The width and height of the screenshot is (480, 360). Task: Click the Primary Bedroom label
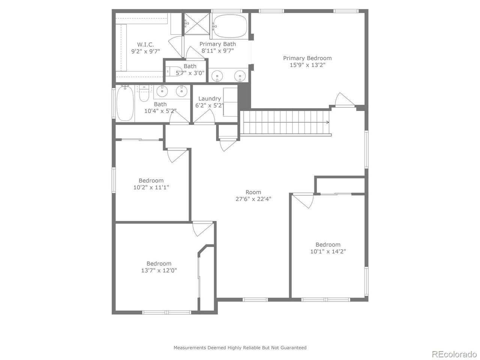[307, 58]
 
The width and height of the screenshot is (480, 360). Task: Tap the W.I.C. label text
[145, 45]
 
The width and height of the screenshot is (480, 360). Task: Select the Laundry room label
[210, 99]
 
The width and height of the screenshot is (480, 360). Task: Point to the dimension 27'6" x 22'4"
[253, 199]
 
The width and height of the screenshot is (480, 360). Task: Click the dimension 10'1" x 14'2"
[328, 251]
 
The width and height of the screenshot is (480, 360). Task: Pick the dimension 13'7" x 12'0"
[159, 270]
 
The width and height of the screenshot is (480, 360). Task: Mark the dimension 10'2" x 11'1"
[151, 187]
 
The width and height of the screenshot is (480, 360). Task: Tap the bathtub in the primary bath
[230, 26]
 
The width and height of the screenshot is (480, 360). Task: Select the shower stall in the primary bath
[197, 24]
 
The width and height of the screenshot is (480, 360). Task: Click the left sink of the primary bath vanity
[217, 76]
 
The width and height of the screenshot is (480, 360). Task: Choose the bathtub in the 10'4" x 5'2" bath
[125, 103]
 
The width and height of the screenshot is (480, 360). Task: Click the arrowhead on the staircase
[328, 122]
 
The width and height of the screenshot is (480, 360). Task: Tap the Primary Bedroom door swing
[344, 99]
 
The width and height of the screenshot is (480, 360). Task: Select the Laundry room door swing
[204, 117]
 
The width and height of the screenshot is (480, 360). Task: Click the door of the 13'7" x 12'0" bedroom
[202, 229]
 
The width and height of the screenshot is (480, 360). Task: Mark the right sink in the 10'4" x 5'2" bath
[181, 91]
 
